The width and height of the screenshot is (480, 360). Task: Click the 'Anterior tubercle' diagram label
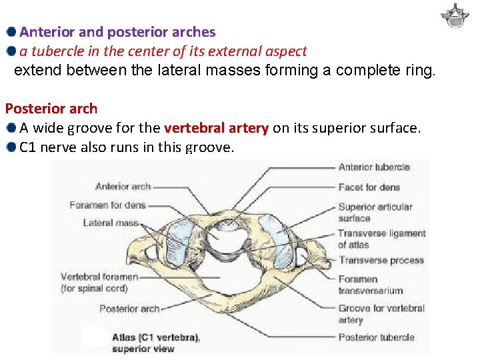374,167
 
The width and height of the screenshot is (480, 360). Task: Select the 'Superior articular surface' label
375,213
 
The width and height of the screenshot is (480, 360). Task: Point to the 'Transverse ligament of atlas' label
381,239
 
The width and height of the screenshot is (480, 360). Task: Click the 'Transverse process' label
381,260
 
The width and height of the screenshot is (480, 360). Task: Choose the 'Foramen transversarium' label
371,285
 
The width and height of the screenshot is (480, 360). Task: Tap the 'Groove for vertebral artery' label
381,314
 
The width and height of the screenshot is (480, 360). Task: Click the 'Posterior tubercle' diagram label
376,337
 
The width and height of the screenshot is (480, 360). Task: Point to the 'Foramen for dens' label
107,205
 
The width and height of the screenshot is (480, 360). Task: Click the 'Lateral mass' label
111,223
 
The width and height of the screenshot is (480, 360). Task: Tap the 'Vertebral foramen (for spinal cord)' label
99,282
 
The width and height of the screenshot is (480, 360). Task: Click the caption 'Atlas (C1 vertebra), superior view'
155,343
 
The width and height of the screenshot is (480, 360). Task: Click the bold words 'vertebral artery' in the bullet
216,127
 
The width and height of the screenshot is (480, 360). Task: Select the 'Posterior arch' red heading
51,109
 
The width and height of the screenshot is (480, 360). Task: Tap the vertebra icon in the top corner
455,16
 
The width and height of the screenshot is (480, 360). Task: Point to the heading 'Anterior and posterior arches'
117,32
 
